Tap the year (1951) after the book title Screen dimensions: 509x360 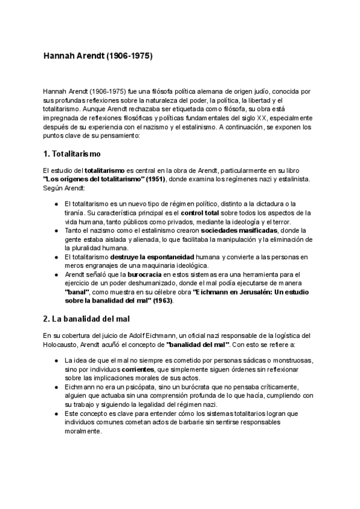[x=155, y=179]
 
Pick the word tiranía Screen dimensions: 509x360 [x=75, y=212]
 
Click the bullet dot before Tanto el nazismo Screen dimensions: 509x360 [x=56, y=230]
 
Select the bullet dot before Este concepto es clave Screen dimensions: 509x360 [x=56, y=414]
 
